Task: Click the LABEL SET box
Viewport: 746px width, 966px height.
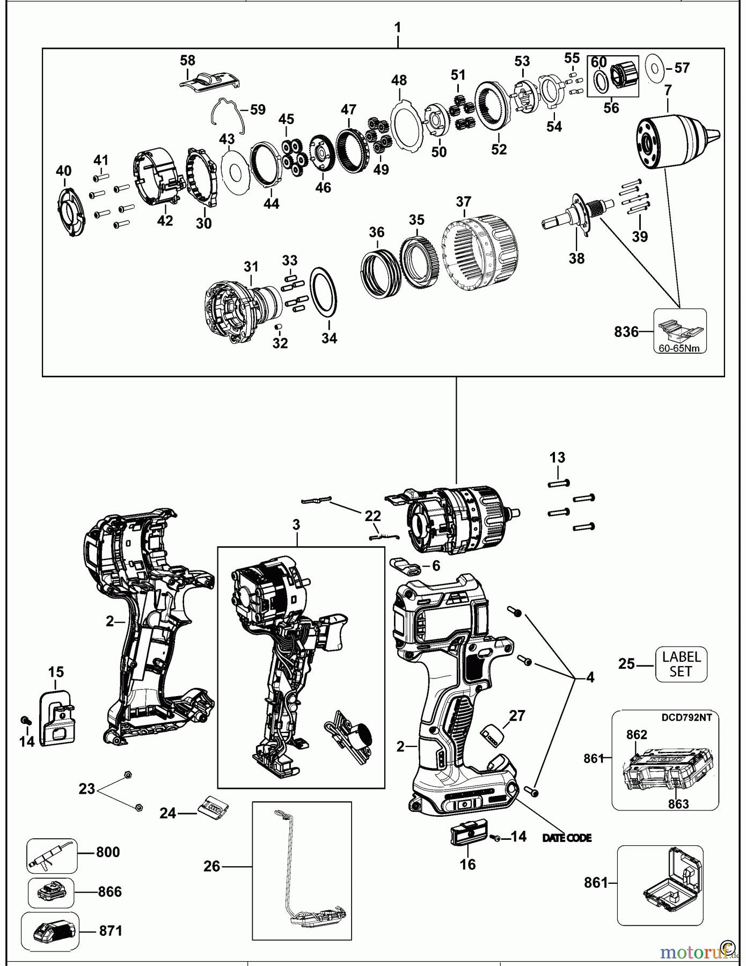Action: pyautogui.click(x=681, y=664)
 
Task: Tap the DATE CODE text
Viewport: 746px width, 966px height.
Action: pyautogui.click(x=567, y=838)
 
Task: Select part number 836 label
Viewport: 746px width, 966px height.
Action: pyautogui.click(x=626, y=332)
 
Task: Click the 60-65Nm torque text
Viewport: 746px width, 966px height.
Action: pyautogui.click(x=680, y=348)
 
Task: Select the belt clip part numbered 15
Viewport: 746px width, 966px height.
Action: pyautogui.click(x=57, y=718)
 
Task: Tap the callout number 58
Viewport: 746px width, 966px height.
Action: pyautogui.click(x=187, y=61)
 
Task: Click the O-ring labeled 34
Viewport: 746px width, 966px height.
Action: pyautogui.click(x=324, y=292)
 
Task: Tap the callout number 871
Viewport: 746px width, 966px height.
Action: pyautogui.click(x=111, y=931)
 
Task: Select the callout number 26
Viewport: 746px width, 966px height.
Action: pyautogui.click(x=212, y=866)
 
